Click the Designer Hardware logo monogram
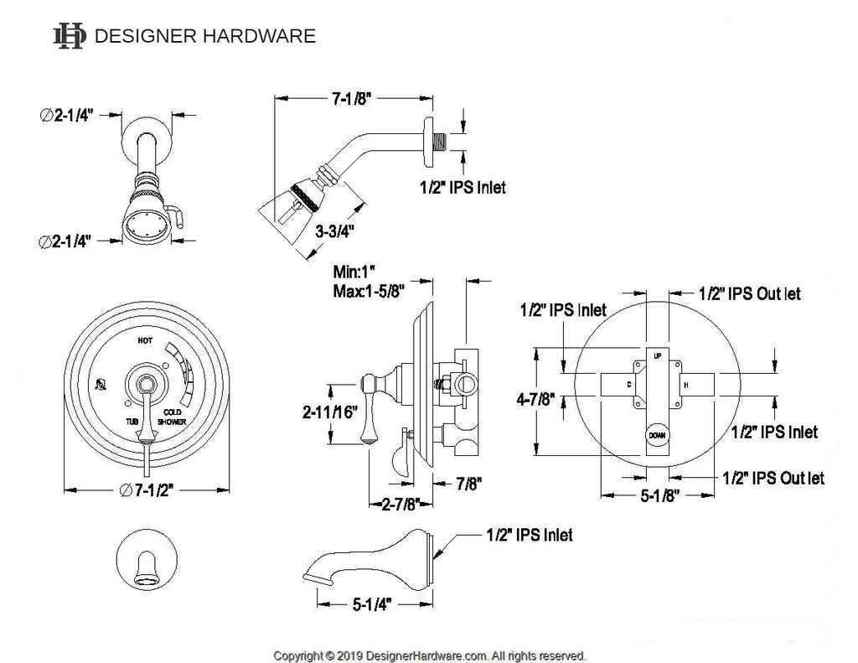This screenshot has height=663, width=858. pos(69,36)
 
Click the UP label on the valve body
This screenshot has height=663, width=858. pos(657,354)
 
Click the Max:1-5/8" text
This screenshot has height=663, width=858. pos(370,292)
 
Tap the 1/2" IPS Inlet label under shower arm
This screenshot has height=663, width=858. pos(463,188)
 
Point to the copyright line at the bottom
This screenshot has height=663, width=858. pos(430,655)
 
